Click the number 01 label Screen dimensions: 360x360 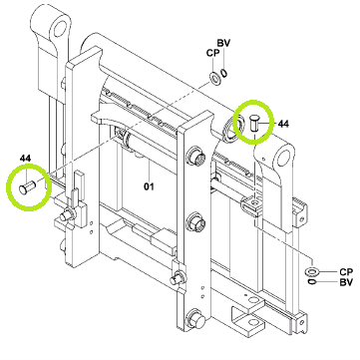point(149,186)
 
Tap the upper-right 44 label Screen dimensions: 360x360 point(283,124)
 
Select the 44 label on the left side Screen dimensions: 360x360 point(25,159)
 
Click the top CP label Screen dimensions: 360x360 point(213,53)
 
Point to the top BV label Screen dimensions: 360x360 point(224,43)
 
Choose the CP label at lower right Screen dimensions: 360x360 point(346,272)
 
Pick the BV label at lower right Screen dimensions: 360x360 point(346,283)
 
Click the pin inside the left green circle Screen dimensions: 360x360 point(28,186)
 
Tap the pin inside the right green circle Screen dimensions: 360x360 point(254,124)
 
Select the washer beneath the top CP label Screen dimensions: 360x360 point(214,78)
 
